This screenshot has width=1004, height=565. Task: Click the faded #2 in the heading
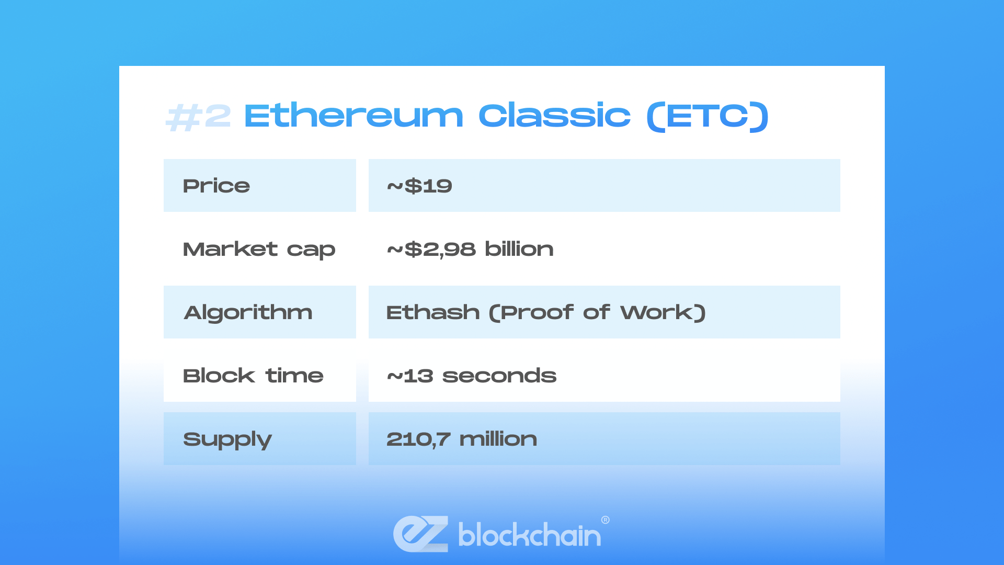tap(198, 116)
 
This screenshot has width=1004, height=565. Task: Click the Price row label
tap(216, 186)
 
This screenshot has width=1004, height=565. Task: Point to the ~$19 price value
tap(419, 186)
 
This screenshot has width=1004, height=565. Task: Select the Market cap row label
tap(259, 250)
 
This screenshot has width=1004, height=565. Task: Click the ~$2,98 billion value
tap(470, 249)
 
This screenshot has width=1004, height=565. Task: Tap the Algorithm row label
tap(248, 313)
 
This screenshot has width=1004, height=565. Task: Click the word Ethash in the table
tap(433, 312)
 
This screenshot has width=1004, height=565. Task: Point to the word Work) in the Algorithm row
tap(663, 312)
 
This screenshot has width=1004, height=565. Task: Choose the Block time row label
tap(253, 376)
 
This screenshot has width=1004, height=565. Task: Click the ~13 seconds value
tap(472, 376)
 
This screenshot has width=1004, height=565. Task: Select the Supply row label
tap(227, 440)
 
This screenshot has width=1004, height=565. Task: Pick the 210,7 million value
tap(462, 439)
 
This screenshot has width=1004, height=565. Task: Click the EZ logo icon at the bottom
tap(421, 534)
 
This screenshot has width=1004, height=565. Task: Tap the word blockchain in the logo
tap(530, 534)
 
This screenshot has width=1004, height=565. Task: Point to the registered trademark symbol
tap(606, 519)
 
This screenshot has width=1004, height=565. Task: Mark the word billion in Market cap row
tap(519, 249)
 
